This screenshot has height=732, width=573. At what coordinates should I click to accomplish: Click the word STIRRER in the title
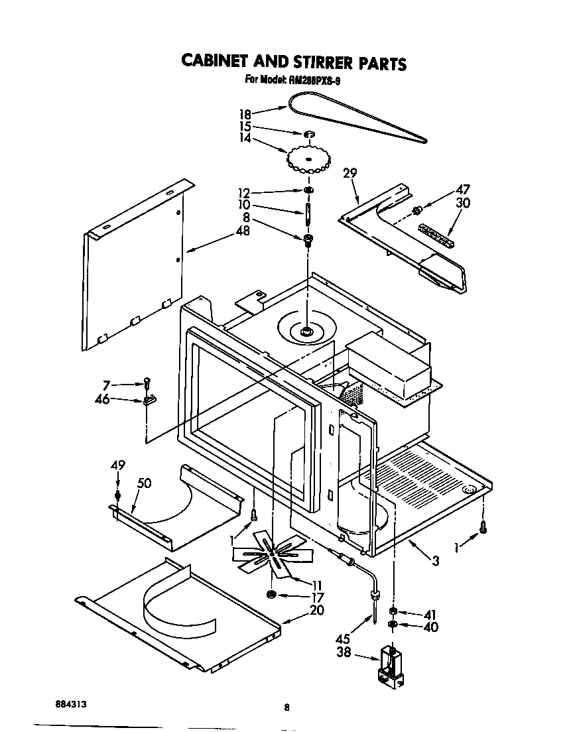(319, 62)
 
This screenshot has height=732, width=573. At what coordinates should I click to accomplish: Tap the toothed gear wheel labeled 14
(308, 158)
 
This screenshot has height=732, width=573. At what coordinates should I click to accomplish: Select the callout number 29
(350, 174)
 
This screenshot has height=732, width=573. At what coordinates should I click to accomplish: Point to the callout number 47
(462, 190)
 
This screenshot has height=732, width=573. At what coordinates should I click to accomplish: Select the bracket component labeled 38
(391, 666)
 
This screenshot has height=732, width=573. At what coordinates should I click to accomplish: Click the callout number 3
(435, 561)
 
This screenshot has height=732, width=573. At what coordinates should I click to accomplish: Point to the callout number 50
(143, 483)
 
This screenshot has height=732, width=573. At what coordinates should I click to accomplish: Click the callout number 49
(117, 465)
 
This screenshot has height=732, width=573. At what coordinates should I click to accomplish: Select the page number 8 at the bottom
(286, 707)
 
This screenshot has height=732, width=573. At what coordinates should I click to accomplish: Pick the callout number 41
(430, 614)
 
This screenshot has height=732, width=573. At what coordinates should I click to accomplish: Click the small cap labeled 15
(309, 135)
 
